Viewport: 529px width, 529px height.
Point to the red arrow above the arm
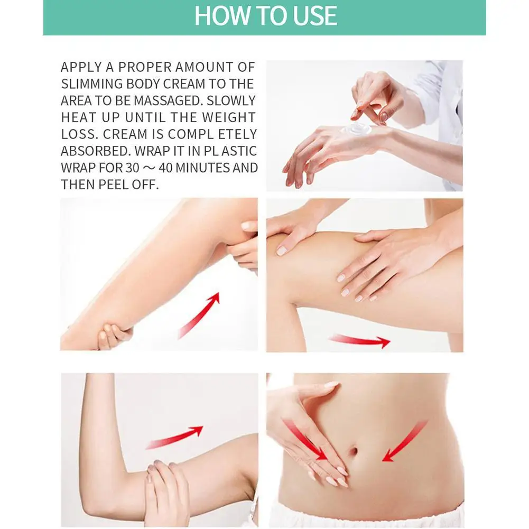[175, 437]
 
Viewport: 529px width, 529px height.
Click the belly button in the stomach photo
[355, 453]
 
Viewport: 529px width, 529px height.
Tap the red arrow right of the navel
[405, 440]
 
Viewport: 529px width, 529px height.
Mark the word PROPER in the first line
[146, 67]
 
